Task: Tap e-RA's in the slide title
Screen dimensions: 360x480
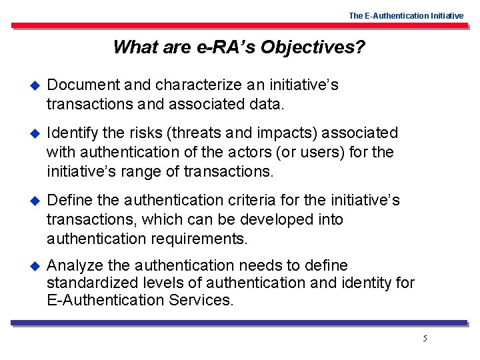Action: click(225, 47)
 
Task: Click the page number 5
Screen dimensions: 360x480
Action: click(425, 339)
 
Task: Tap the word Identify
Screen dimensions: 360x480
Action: click(71, 133)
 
